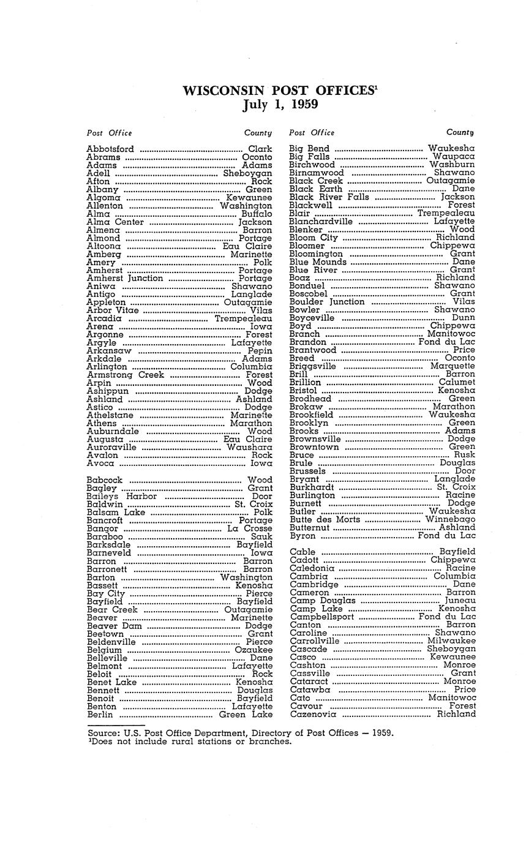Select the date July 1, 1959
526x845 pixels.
pos(280,104)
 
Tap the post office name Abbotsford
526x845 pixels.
pos(110,149)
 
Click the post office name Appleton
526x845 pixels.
pos(106,302)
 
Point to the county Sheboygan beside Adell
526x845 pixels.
pos(247,173)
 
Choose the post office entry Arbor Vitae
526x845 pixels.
pos(113,310)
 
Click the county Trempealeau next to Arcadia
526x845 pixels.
pos(243,318)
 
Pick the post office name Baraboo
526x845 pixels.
pos(105,536)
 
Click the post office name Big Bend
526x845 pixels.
pos(309,148)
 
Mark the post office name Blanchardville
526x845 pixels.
pos(321,221)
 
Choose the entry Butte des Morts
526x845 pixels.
pos(325,519)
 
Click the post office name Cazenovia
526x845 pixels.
pos(313,714)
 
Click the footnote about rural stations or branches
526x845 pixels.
pos(190,741)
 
